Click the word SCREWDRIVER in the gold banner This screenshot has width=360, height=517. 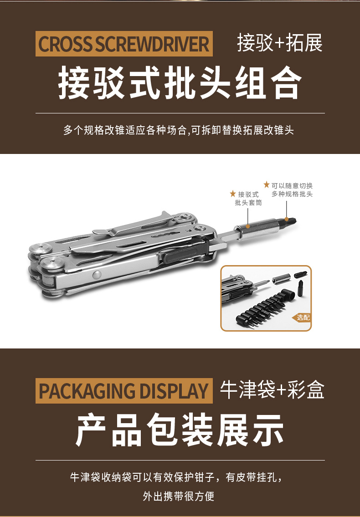pyautogui.click(x=152, y=44)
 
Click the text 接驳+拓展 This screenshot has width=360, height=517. pyautogui.click(x=280, y=44)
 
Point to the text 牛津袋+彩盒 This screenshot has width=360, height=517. pyautogui.click(x=272, y=390)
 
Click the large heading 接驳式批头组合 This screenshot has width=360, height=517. pyautogui.click(x=180, y=83)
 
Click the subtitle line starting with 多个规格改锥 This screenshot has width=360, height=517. pyautogui.click(x=179, y=130)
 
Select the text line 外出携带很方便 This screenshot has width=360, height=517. pyautogui.click(x=179, y=496)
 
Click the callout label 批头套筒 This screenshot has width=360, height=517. pyautogui.click(x=248, y=203)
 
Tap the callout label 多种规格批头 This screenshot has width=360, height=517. pyautogui.click(x=292, y=194)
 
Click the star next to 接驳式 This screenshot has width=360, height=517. pyautogui.click(x=233, y=194)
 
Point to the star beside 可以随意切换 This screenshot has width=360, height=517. pyautogui.click(x=267, y=185)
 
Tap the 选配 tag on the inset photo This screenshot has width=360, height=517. pyautogui.click(x=303, y=317)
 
